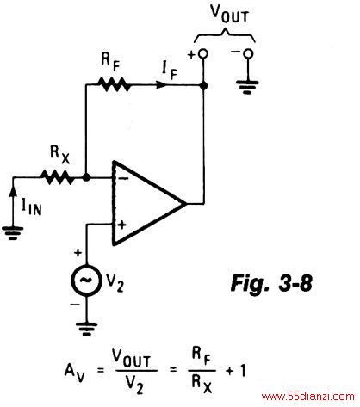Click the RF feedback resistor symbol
coord(113,84)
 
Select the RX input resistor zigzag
coord(58,177)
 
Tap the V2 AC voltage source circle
coord(86,280)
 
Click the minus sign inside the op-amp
coord(123,178)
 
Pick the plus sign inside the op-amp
coord(122,225)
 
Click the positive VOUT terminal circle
coord(203,53)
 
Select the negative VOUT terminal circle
coord(248,53)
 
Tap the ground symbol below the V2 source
coord(86,329)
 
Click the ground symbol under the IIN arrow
coord(12,233)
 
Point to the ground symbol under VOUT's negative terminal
coord(247,88)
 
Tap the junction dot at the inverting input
coord(86,177)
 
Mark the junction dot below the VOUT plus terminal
coord(203,85)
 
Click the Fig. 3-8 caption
coord(271,283)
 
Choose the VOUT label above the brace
coord(229,14)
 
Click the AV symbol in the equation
coord(74,373)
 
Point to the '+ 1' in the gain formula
coord(236,371)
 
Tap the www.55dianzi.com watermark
coord(307,397)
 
